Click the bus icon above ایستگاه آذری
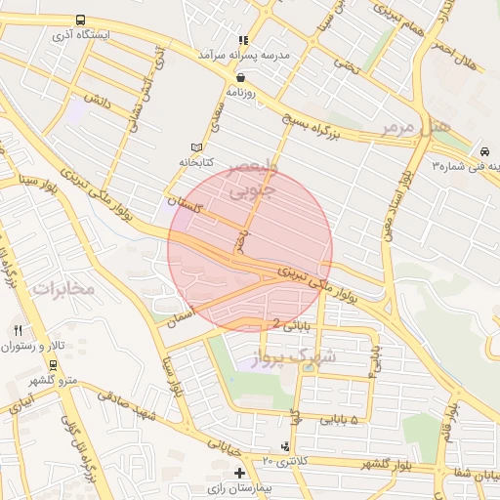point(79,20)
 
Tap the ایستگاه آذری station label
point(81,34)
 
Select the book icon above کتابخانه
point(198,146)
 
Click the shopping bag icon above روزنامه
point(241,76)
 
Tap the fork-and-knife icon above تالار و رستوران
point(18,330)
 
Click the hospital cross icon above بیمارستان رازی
point(240,473)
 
